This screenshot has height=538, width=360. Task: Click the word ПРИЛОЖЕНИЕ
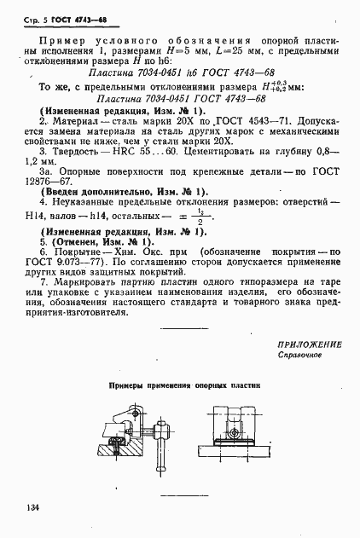310,344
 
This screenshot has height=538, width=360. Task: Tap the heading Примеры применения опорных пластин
184,386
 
